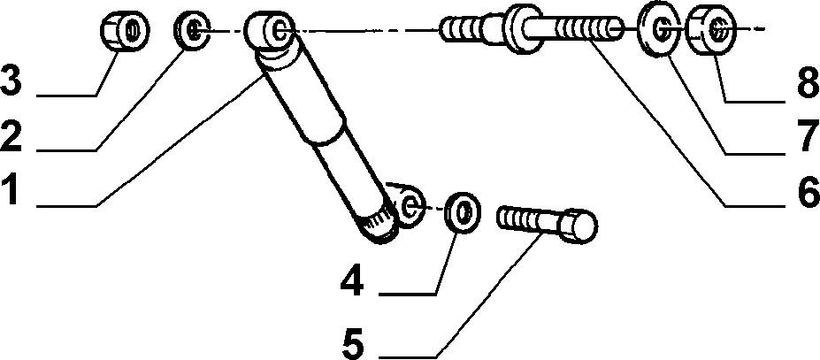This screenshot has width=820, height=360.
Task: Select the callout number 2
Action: pos(11,134)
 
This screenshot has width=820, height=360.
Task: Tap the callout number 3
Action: pos(11,79)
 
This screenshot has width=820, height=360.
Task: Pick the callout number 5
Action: pos(354,342)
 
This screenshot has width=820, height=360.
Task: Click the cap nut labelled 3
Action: pos(125,32)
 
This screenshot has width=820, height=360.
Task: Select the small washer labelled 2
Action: pos(191,30)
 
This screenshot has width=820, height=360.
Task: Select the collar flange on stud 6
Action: pos(521,29)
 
